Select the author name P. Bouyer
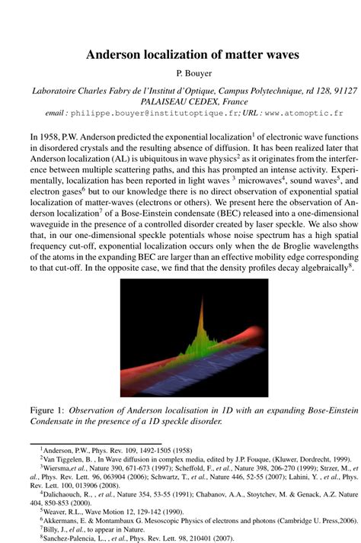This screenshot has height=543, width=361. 180,73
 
